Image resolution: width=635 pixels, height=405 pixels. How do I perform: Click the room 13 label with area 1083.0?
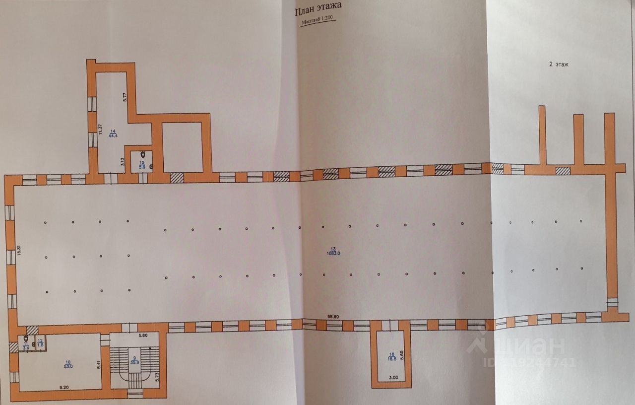click(333, 251)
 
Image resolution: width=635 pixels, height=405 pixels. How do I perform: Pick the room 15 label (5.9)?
click(141, 165)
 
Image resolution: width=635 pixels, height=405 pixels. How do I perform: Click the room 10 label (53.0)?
click(68, 364)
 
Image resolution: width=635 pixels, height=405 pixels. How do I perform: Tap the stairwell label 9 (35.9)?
click(134, 360)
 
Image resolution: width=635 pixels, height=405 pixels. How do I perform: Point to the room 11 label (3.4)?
click(26, 345)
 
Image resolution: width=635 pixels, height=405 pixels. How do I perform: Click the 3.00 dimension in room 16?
click(393, 378)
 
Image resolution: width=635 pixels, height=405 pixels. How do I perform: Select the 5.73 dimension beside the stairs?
click(156, 373)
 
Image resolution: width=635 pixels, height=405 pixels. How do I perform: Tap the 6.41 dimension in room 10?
click(99, 363)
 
